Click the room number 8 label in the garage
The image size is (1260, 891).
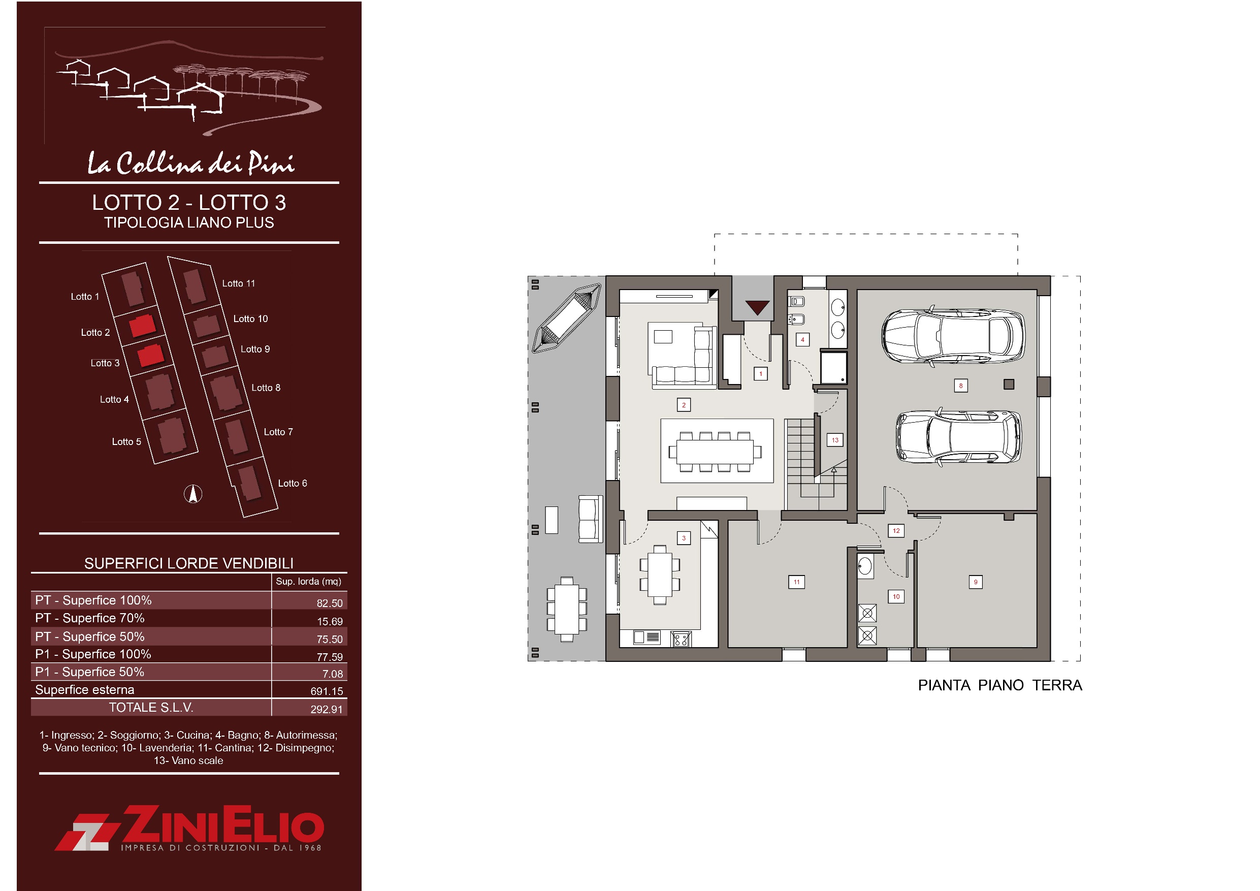pyautogui.click(x=960, y=386)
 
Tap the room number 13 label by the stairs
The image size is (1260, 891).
pyautogui.click(x=835, y=440)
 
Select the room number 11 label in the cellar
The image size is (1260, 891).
pyautogui.click(x=796, y=582)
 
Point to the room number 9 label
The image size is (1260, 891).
pyautogui.click(x=975, y=582)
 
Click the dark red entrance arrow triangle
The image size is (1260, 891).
pyautogui.click(x=757, y=307)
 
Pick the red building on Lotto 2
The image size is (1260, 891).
pyautogui.click(x=142, y=326)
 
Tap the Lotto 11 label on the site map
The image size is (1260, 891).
pyautogui.click(x=239, y=283)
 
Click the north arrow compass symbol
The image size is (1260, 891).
pyautogui.click(x=192, y=494)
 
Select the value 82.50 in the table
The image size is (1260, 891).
pyautogui.click(x=329, y=603)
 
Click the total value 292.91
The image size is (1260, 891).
pyautogui.click(x=327, y=709)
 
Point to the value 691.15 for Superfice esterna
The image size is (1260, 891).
pyautogui.click(x=327, y=691)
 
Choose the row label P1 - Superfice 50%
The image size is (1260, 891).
pyautogui.click(x=89, y=672)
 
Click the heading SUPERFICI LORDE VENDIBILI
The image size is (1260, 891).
pyautogui.click(x=189, y=563)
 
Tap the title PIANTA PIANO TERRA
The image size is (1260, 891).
pyautogui.click(x=1000, y=685)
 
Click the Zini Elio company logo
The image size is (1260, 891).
pyautogui.click(x=189, y=829)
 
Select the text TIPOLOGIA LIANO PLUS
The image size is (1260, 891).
pyautogui.click(x=189, y=222)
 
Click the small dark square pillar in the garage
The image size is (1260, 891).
pyautogui.click(x=1009, y=385)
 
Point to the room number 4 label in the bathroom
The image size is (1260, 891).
pyautogui.click(x=802, y=340)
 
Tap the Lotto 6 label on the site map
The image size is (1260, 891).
pyautogui.click(x=293, y=483)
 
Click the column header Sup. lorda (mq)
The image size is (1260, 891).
pyautogui.click(x=308, y=581)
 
